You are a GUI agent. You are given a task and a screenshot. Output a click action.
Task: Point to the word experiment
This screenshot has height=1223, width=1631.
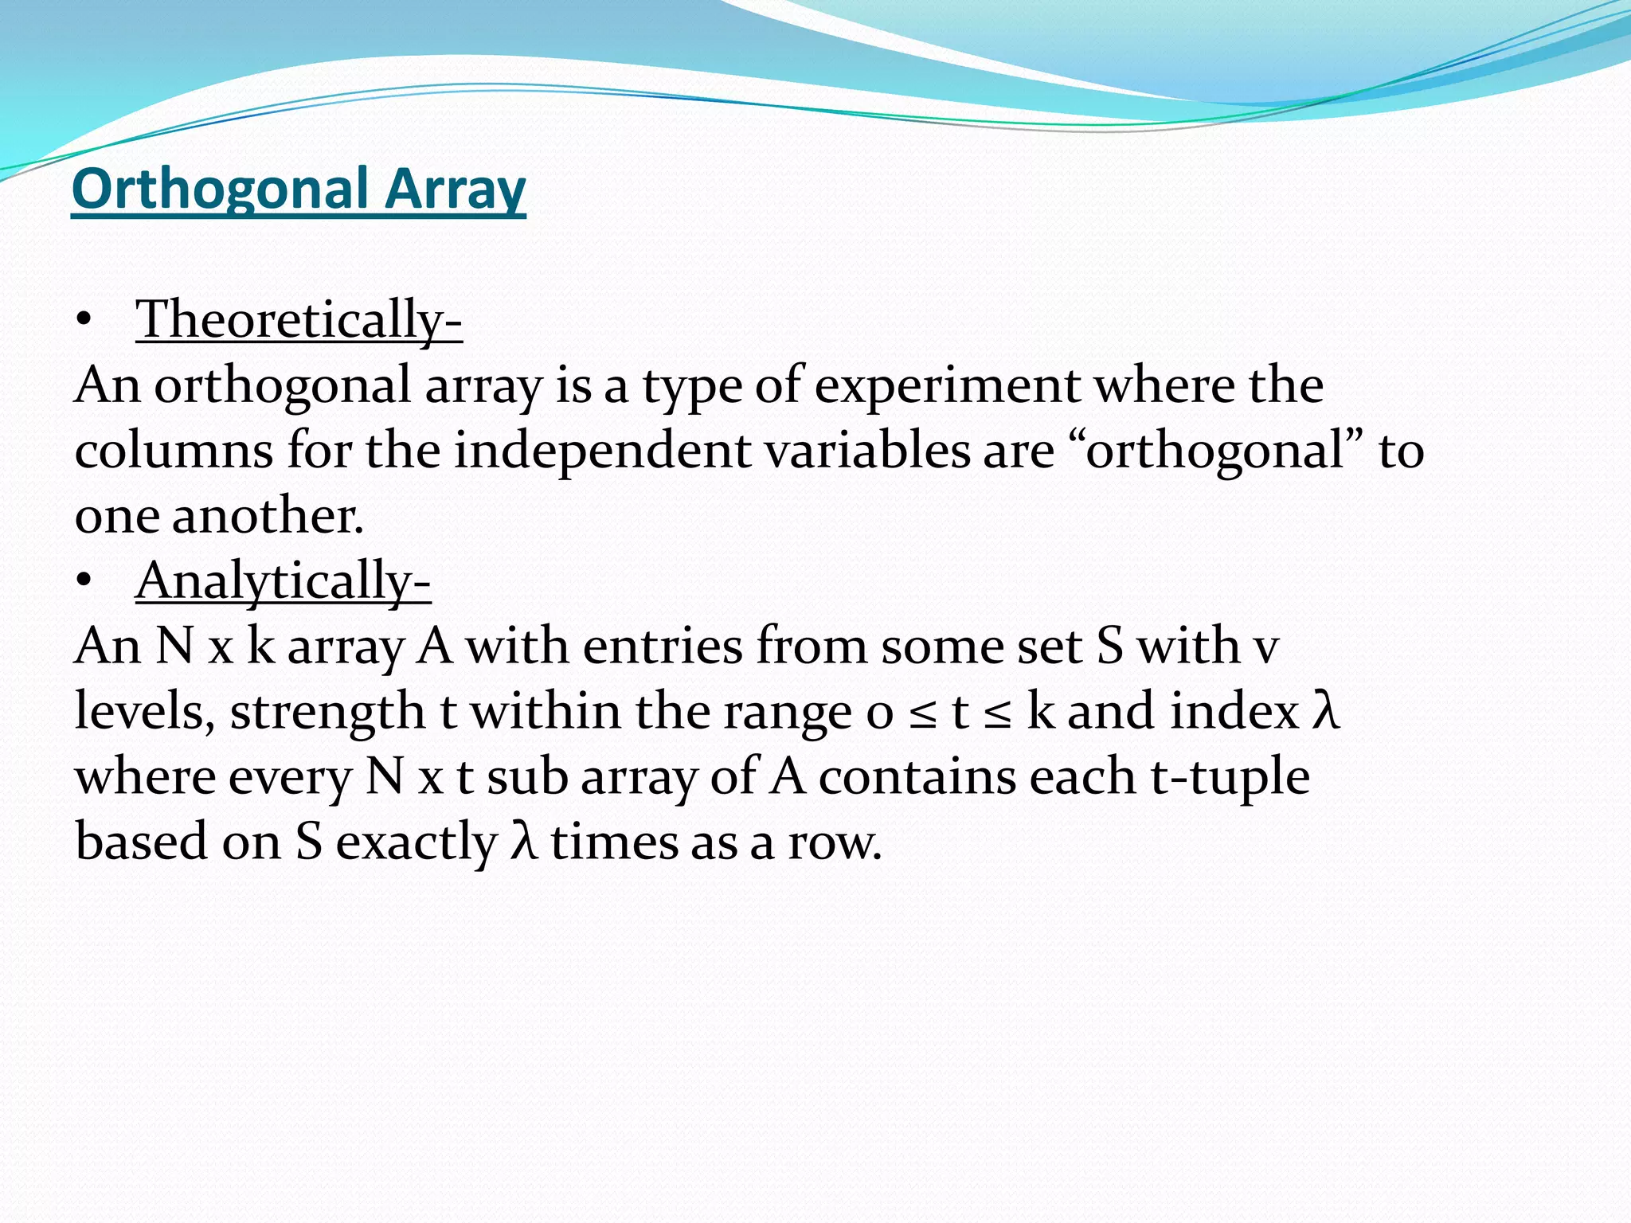tap(947, 385)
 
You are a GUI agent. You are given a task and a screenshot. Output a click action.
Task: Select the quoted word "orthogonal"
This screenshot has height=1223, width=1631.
tap(1216, 451)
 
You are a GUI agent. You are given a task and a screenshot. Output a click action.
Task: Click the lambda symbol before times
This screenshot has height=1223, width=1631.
tap(522, 842)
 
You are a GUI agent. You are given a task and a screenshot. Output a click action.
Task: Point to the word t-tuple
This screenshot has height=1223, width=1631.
tap(1230, 777)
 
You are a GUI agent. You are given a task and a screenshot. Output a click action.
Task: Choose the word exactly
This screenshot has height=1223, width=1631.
tap(416, 842)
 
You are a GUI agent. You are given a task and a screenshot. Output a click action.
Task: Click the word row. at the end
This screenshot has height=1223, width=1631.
tap(835, 842)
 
